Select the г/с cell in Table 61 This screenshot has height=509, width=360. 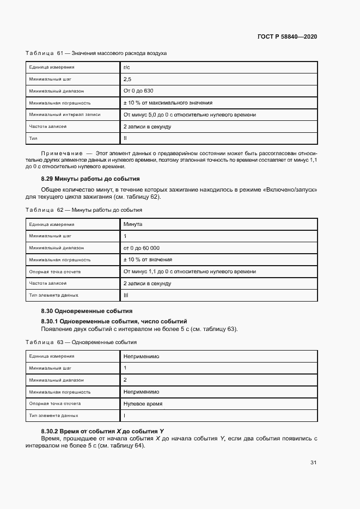point(127,67)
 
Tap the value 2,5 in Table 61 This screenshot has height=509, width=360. point(127,79)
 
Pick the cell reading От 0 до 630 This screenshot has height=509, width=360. point(139,91)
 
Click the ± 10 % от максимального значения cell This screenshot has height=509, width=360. point(168,103)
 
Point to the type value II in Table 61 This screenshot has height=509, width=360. point(125,139)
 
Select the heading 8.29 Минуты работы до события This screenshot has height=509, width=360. point(90,179)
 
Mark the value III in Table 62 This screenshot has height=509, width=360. point(126,296)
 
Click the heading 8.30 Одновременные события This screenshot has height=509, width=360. point(87,311)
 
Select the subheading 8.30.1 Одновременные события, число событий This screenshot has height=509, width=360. point(114,321)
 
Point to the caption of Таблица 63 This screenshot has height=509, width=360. point(81,342)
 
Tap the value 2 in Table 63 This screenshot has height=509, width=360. point(125,380)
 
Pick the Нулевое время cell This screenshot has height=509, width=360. point(143,404)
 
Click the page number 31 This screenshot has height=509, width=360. point(313,463)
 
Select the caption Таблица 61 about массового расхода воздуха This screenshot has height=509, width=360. point(96,53)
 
